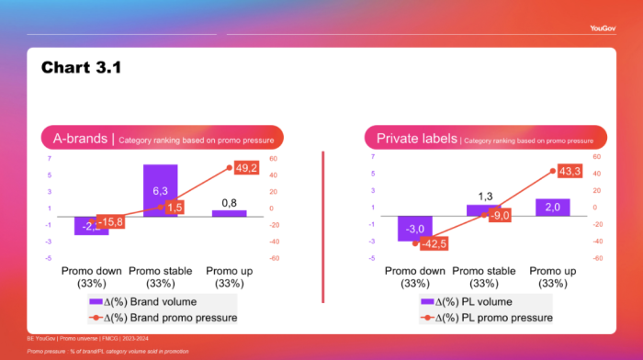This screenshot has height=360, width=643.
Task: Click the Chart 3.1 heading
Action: click(x=82, y=68)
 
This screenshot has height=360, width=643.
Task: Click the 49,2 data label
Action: click(x=246, y=168)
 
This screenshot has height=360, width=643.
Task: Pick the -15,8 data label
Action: click(x=111, y=221)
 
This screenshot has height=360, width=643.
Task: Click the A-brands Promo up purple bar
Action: click(x=229, y=213)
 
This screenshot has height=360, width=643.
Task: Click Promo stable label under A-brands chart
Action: click(x=160, y=277)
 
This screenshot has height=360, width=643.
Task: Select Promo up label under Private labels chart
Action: click(x=552, y=277)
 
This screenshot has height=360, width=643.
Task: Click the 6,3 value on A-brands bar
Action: click(x=160, y=190)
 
